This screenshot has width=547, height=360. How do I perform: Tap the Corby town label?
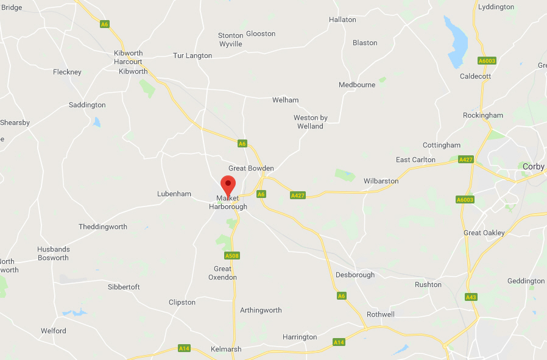533,166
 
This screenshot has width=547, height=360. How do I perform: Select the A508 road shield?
232,256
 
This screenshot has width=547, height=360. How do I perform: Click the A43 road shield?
470,297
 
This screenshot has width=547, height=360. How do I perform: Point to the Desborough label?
355,275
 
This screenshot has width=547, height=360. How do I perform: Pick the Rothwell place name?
381,314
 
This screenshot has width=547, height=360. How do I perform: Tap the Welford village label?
54,331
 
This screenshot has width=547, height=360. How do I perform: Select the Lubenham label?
174,194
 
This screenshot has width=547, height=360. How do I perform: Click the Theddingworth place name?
103,227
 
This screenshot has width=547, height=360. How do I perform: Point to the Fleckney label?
67,72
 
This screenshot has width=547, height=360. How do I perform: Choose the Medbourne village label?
357,85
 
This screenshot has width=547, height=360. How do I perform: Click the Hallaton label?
342,19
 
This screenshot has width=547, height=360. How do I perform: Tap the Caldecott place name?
475,76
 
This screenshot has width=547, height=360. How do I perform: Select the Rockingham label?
483,115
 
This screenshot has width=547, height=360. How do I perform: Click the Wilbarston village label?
381,181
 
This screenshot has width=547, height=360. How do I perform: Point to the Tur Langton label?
192,55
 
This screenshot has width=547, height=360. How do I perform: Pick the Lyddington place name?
496,7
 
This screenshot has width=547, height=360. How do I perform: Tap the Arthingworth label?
261,310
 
